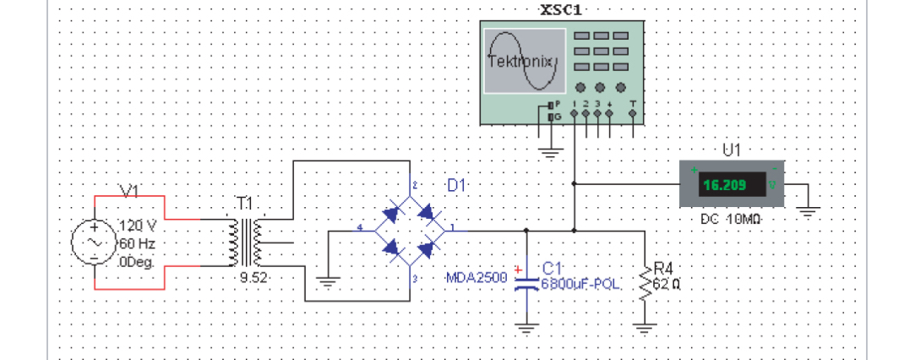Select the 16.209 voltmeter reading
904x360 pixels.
[725, 185]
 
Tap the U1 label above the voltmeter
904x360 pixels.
[732, 150]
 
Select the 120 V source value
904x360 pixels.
[138, 226]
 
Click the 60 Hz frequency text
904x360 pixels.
[138, 243]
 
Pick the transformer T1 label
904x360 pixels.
[244, 204]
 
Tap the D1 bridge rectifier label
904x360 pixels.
[457, 185]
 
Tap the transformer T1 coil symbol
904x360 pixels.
[244, 242]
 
